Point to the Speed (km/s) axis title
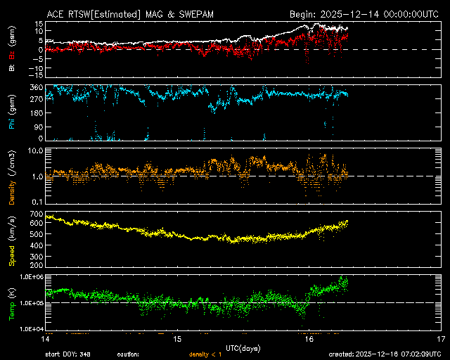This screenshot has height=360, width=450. point(11,240)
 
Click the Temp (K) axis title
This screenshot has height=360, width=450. point(11,302)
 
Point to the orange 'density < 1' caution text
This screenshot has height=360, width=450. point(205,354)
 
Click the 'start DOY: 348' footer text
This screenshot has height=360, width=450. point(67,354)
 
